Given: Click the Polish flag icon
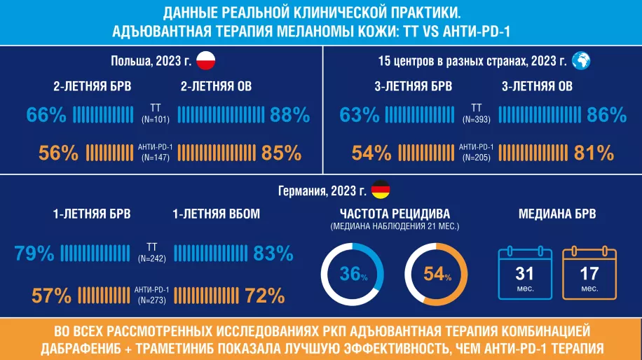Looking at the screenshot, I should click(x=205, y=61).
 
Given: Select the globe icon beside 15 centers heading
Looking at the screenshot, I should click(x=581, y=61).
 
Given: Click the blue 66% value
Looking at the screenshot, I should click(x=46, y=115).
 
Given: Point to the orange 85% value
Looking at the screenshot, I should click(x=281, y=153).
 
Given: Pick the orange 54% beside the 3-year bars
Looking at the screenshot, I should click(x=371, y=153).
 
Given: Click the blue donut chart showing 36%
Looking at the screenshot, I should click(x=353, y=275).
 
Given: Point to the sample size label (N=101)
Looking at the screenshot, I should click(x=156, y=120).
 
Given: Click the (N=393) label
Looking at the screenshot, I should click(x=477, y=120).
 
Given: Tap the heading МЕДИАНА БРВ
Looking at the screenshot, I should click(x=557, y=214).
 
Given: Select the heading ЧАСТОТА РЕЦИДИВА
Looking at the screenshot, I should click(x=395, y=214).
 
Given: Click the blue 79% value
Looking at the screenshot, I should click(x=34, y=254).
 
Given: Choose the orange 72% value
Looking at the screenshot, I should click(x=264, y=296).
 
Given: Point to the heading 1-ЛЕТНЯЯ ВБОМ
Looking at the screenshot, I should click(x=216, y=214).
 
